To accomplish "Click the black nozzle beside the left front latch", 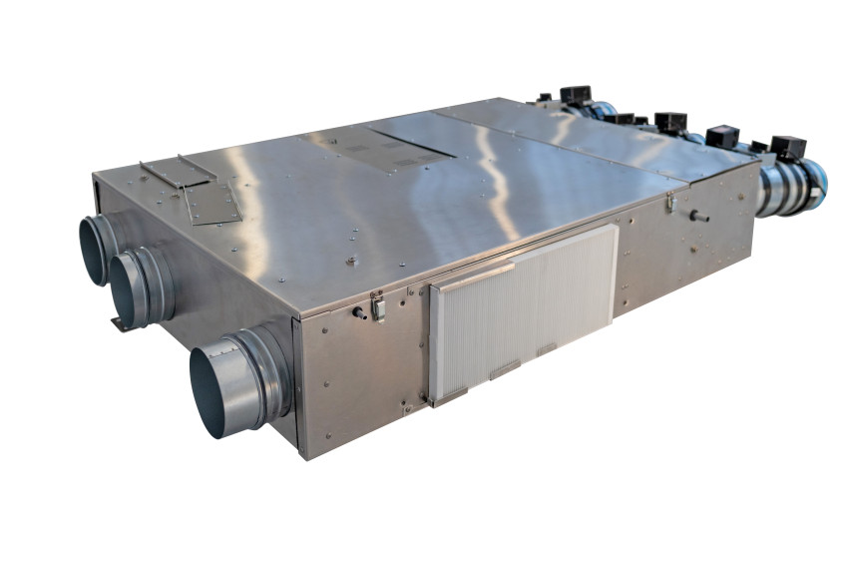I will coord(358,312).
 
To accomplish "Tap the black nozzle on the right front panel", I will coord(699,216).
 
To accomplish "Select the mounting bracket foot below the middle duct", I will coord(121,323).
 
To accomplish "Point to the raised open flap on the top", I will coord(178,172).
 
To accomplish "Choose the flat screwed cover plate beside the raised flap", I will coord(212,205).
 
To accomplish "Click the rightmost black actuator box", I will coord(787,147).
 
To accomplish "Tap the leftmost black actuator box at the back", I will coord(575,96).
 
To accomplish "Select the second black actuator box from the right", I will coord(721,136).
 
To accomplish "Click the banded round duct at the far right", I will coord(793,189).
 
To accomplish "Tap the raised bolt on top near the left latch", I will coord(351,263).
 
